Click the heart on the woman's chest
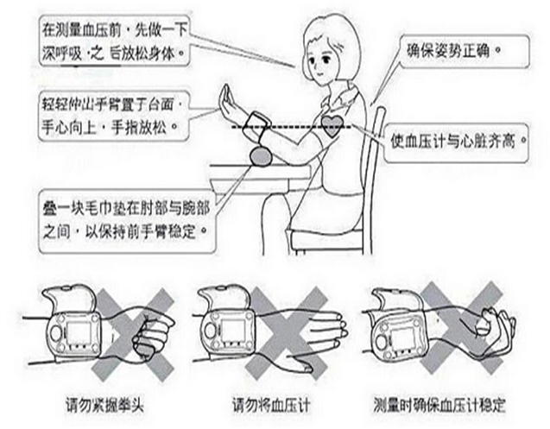332,125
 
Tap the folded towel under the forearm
261,155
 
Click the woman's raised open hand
227,102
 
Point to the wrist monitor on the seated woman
258,124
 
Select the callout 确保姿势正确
453,51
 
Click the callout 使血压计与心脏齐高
456,142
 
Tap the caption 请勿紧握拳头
104,406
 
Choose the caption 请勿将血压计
271,405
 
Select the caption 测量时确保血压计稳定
439,405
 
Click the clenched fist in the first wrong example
152,332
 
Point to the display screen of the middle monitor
233,331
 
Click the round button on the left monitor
56,332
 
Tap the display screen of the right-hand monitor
404,338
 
